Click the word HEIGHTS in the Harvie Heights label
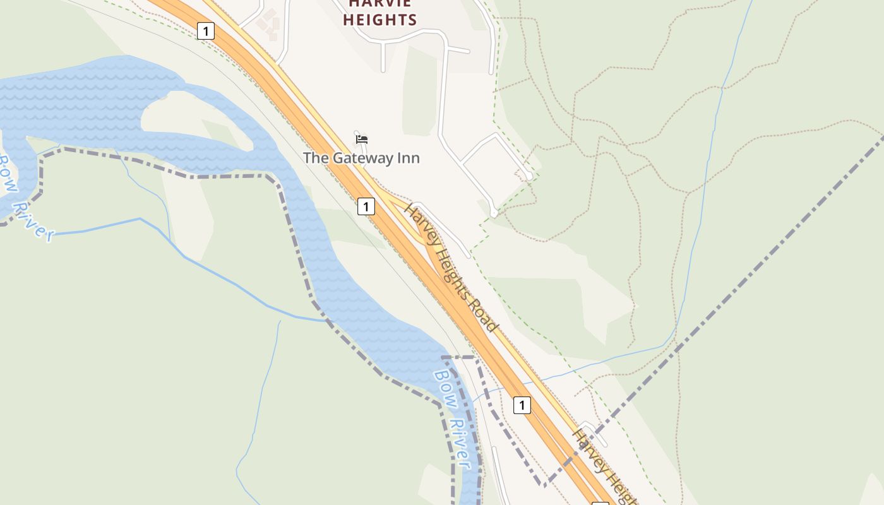pyautogui.click(x=380, y=20)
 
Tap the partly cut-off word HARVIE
pyautogui.click(x=380, y=3)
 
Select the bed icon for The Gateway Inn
pyautogui.click(x=362, y=140)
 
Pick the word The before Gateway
pyautogui.click(x=316, y=158)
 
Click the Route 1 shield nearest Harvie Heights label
pyautogui.click(x=206, y=30)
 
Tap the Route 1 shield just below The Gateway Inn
pyautogui.click(x=366, y=206)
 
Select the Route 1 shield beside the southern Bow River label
pyautogui.click(x=522, y=405)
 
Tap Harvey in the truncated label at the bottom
pyautogui.click(x=587, y=449)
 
